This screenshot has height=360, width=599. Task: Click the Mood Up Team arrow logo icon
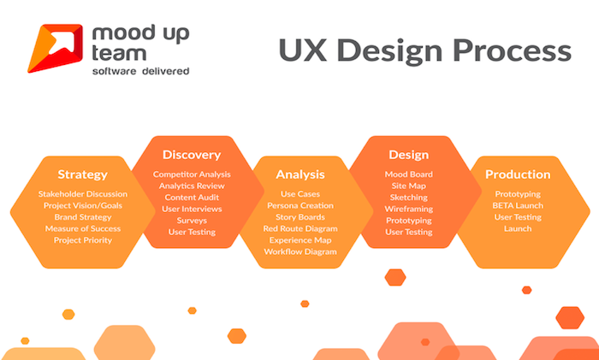[x=55, y=48]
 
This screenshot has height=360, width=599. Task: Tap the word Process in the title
[x=513, y=50]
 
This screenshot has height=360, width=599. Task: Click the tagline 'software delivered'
[x=140, y=71]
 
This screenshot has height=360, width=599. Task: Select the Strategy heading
[x=82, y=174]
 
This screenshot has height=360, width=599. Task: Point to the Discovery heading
[x=192, y=155]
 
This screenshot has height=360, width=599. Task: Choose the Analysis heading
[x=300, y=174]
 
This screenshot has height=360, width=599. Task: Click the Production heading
[x=518, y=174]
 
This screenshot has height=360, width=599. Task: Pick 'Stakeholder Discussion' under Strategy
[x=83, y=194]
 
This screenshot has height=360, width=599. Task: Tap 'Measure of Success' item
[x=83, y=228]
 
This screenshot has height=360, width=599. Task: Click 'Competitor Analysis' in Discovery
[x=192, y=174]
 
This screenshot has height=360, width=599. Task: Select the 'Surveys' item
[x=192, y=221]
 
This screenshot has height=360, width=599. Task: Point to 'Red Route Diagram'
[x=300, y=228]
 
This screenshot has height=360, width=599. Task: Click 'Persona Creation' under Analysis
[x=300, y=205]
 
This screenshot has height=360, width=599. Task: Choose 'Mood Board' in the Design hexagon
[x=409, y=174]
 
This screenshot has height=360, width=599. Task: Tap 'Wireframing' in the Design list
[x=409, y=210]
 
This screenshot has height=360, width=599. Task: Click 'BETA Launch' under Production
[x=518, y=205]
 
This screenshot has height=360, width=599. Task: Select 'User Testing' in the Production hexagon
[x=518, y=217]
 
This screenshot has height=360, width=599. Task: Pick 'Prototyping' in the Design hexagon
[x=409, y=221]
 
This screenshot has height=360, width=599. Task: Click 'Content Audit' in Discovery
[x=192, y=198]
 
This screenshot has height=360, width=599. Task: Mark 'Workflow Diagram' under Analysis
[x=300, y=252]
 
